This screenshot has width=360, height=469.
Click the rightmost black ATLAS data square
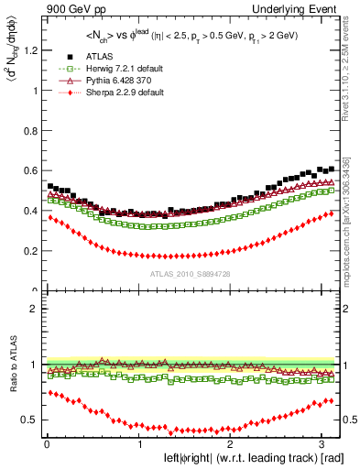[x=332, y=169]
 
